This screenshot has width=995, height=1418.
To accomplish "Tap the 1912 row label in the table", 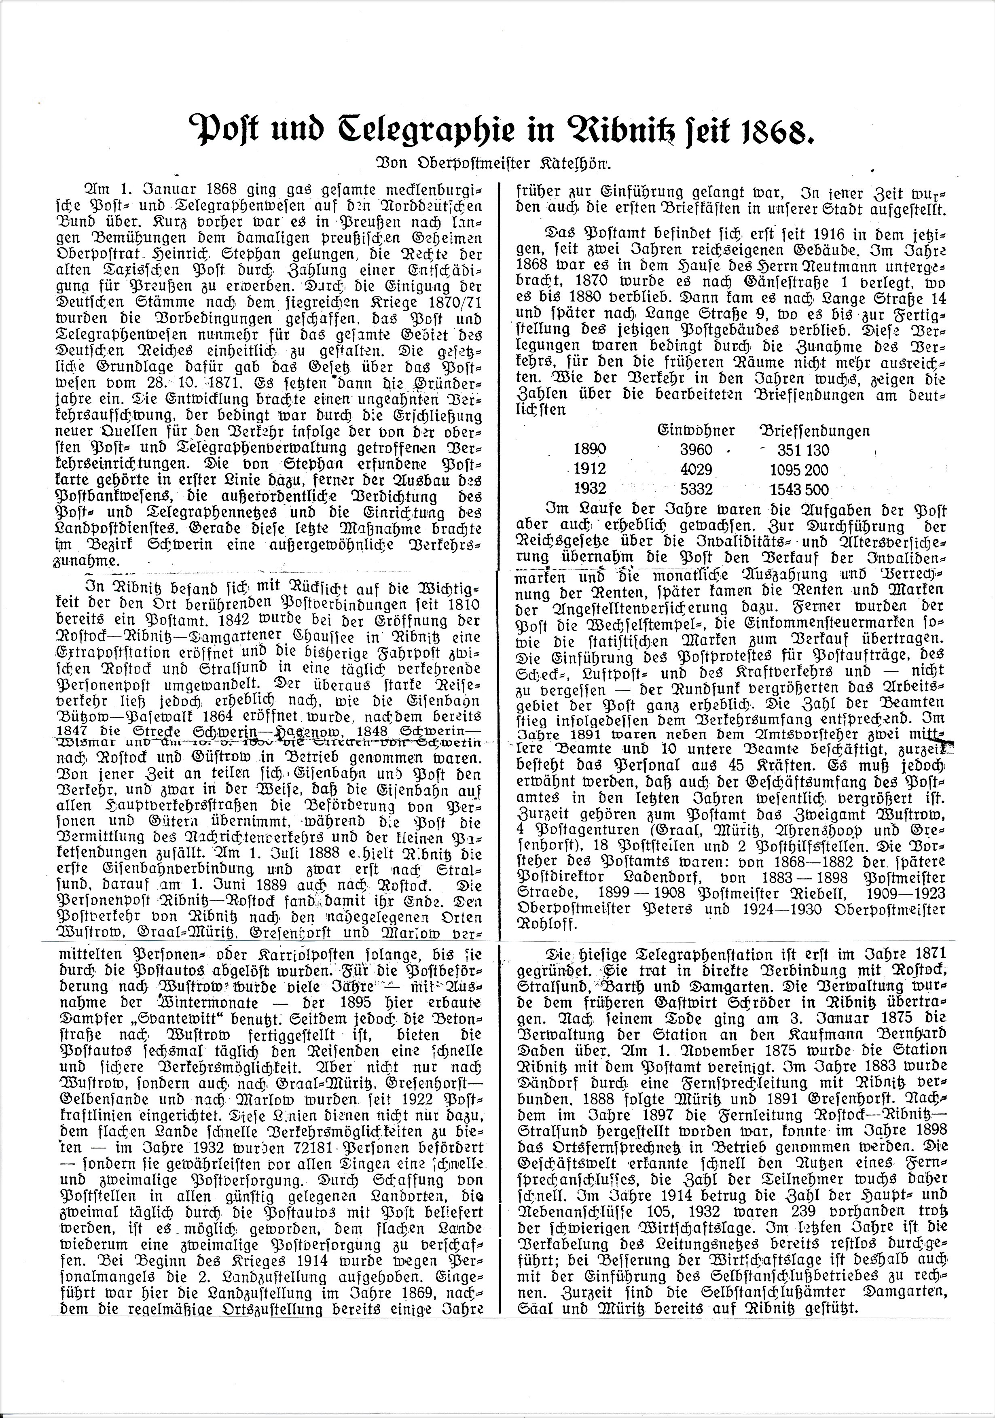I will pos(590,470).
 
